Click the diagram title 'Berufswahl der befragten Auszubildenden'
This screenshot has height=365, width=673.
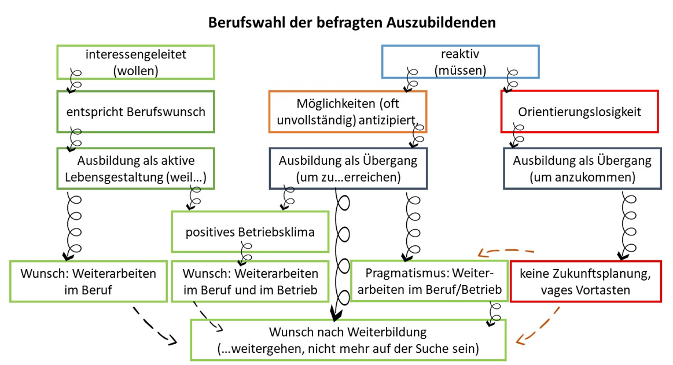click(352, 23)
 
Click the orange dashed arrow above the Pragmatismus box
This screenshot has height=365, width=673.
click(506, 250)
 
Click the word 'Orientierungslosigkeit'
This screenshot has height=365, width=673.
click(579, 112)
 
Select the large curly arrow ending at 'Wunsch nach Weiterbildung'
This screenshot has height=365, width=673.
click(343, 255)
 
